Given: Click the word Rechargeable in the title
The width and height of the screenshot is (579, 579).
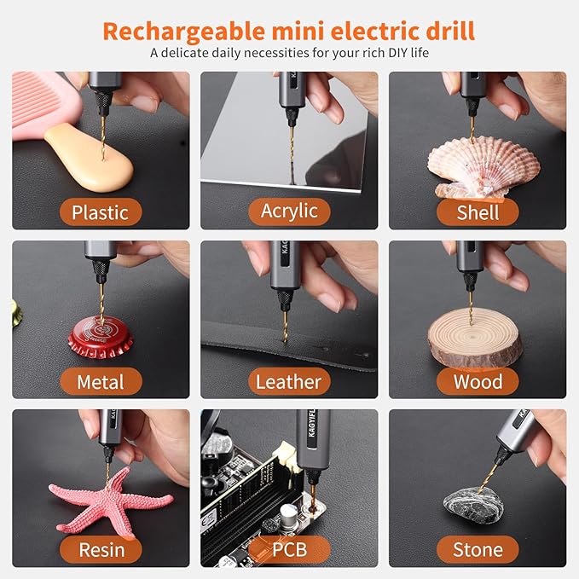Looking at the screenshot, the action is [184, 32].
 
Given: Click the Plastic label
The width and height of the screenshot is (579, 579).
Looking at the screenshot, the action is [101, 212].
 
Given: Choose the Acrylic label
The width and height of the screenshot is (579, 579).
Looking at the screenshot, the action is [290, 211].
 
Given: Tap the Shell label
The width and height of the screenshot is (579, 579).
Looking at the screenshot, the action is [478, 212].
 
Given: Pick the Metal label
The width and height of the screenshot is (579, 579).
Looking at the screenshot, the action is [101, 381].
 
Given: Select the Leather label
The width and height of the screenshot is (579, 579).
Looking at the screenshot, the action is [289, 381].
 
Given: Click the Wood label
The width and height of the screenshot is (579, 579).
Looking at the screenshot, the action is [478, 381].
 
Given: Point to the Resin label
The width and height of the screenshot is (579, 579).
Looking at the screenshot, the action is [101, 550].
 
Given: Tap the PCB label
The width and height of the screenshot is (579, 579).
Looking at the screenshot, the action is [290, 550].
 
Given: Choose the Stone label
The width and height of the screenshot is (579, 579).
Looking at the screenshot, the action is [478, 550].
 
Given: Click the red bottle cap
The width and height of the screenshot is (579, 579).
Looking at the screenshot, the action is [101, 338].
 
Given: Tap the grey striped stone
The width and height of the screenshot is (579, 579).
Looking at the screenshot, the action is [474, 506].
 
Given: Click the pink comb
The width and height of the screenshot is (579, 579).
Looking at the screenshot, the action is [46, 105].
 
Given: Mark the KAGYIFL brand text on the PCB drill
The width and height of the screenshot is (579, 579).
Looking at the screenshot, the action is [311, 423].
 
